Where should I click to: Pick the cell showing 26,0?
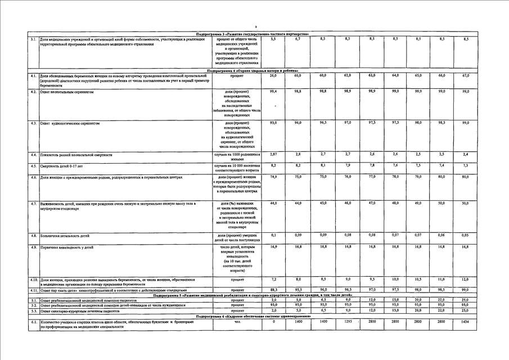coord(273,75)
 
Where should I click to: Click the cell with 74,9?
coord(273,177)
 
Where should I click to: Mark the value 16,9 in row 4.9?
coord(273,247)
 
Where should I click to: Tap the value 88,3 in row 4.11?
coord(273,290)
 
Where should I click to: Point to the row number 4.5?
coord(34,166)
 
